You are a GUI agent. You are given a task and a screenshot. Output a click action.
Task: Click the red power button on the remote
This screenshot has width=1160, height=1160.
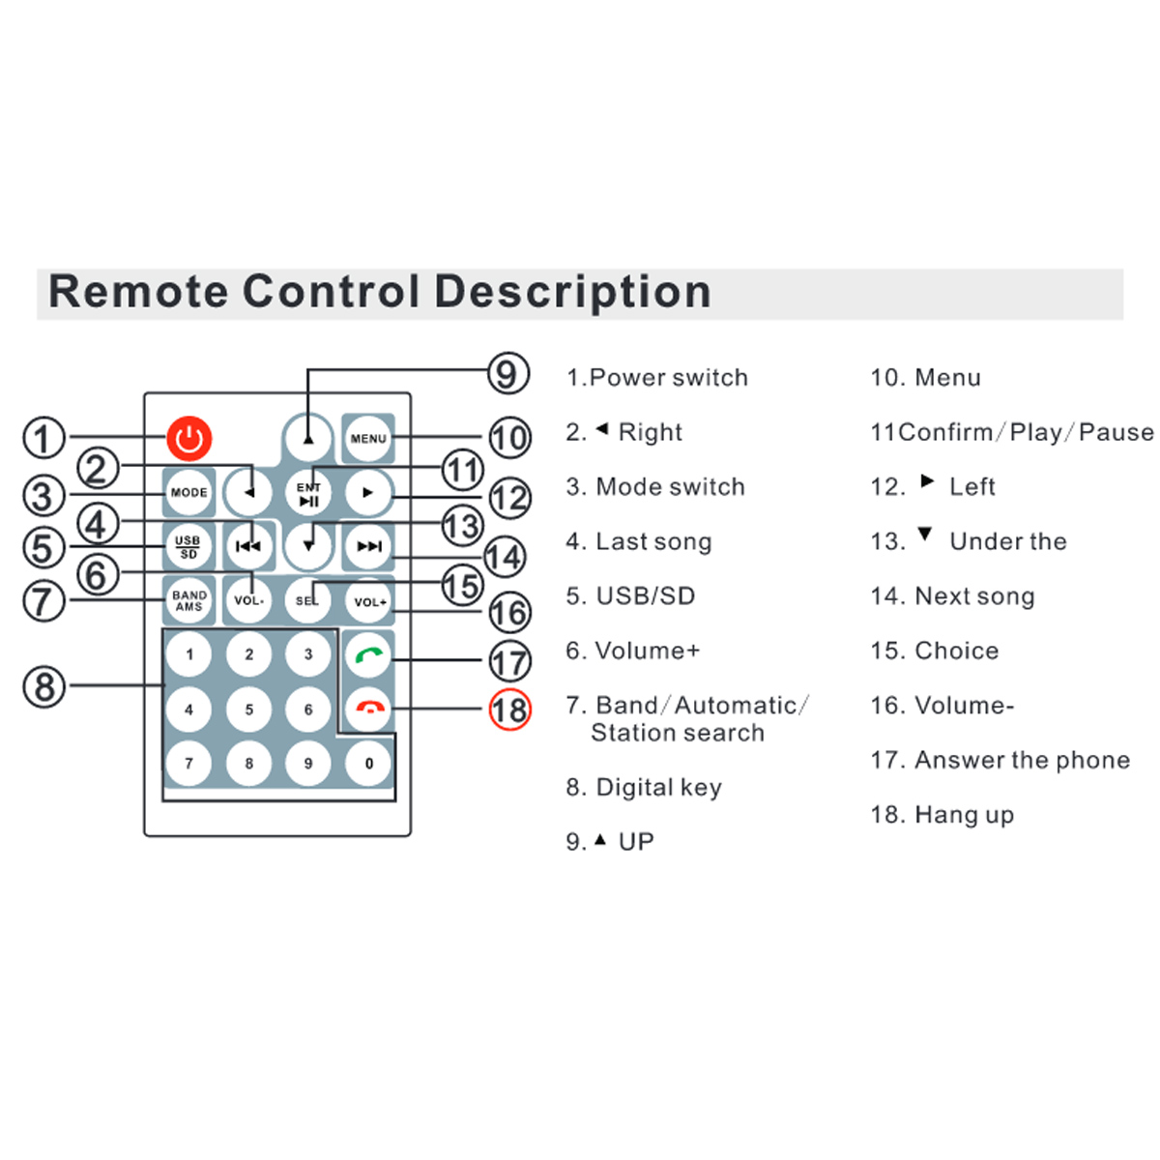point(189,439)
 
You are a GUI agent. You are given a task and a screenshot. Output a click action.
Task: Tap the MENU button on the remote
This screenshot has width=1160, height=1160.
point(368,439)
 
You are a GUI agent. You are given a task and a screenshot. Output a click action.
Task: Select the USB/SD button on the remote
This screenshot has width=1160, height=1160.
point(188,547)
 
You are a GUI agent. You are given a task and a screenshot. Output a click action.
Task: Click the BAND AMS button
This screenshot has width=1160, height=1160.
point(189,601)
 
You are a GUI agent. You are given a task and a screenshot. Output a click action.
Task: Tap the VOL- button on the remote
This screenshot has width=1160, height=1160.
point(249,601)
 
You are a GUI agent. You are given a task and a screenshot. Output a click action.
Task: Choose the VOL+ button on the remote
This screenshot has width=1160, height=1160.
point(369,601)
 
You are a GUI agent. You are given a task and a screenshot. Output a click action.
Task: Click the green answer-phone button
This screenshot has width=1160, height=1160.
point(369,655)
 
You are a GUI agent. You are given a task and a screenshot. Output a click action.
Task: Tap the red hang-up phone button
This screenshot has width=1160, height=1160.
point(369,709)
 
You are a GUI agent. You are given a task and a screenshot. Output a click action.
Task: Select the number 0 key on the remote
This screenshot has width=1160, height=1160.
point(369,764)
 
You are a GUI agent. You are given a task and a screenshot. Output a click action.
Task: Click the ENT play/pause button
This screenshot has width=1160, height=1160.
point(308,494)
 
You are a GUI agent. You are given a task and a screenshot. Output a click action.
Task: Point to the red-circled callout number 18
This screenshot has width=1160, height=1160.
point(509,710)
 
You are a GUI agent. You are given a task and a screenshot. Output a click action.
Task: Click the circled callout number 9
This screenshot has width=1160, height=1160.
point(507,373)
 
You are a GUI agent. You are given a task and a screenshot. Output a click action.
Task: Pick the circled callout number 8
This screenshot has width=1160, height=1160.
point(44,687)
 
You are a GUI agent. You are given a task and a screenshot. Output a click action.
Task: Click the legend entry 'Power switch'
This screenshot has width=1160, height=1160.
point(668,378)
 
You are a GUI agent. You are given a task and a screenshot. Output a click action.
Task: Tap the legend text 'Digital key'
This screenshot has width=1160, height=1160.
point(658,788)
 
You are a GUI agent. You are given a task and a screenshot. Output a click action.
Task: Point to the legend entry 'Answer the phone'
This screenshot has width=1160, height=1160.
point(1022,761)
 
